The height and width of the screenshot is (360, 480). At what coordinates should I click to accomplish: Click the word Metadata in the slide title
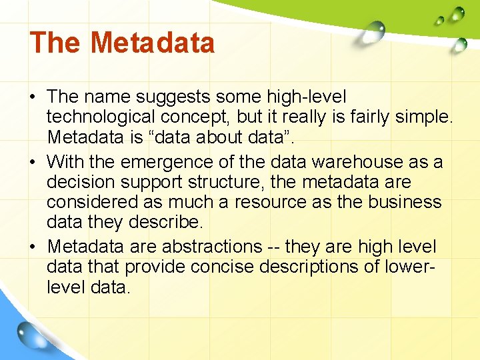153,43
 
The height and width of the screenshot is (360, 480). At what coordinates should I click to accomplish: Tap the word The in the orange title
55,43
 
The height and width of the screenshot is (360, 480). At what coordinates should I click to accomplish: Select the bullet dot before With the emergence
33,162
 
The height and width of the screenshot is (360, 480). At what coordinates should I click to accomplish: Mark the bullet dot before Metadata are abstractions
33,247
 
